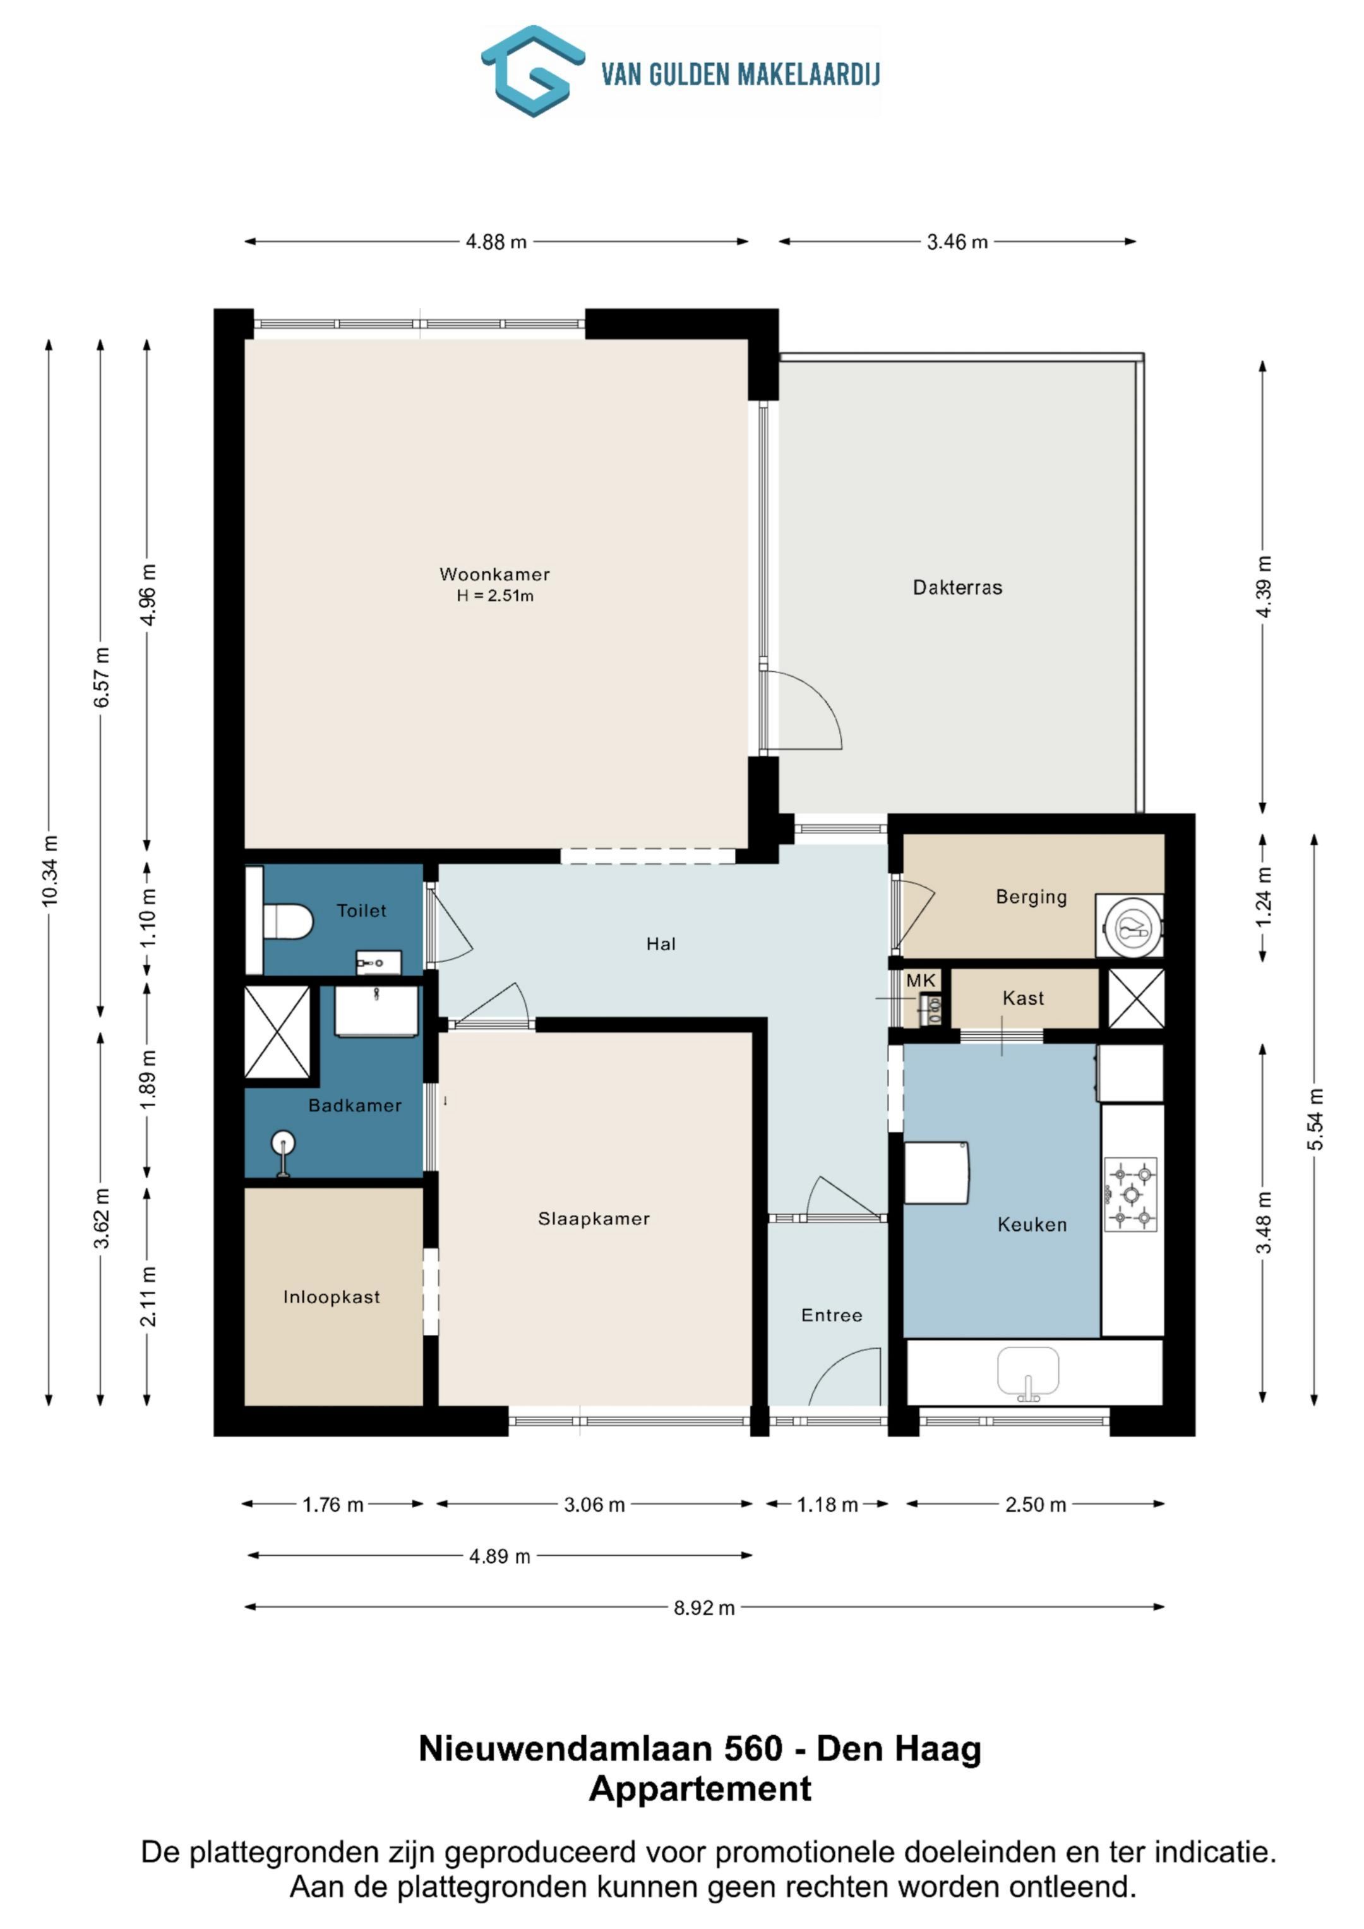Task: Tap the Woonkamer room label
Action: click(494, 575)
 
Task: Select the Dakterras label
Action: click(957, 587)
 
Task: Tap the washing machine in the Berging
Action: click(1130, 926)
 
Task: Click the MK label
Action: click(920, 981)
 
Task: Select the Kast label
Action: click(1023, 998)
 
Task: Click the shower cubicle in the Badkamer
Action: click(277, 1032)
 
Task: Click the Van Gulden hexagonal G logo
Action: click(533, 71)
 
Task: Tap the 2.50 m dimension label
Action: click(1036, 1505)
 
